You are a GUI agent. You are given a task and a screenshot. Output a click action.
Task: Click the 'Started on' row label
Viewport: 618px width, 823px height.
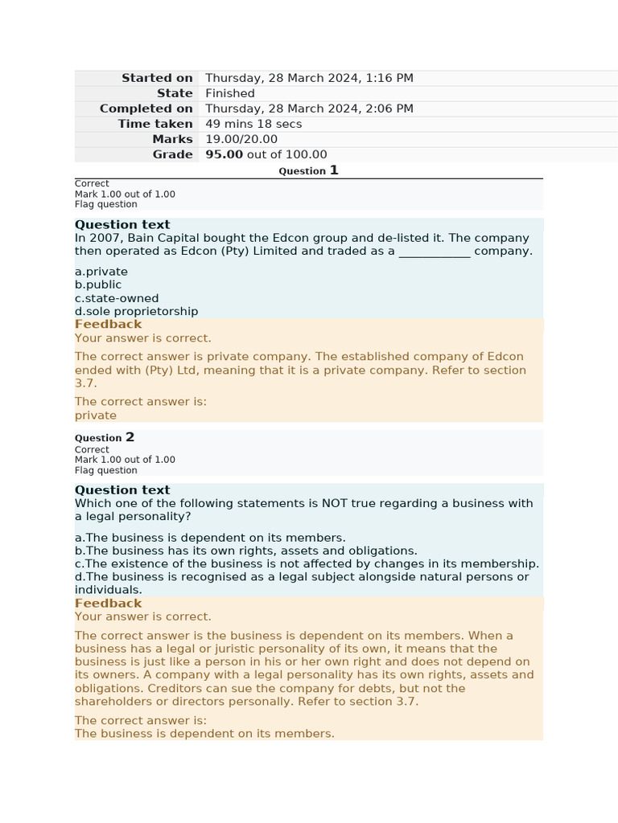click(157, 78)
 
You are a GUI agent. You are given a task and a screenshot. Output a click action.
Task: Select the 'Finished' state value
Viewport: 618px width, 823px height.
click(229, 93)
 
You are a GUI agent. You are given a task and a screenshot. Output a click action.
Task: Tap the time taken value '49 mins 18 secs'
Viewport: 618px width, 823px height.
click(253, 124)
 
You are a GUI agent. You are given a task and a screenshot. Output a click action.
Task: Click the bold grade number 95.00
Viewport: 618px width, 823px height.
click(224, 154)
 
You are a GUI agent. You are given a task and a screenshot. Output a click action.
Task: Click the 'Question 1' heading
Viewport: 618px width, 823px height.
click(308, 170)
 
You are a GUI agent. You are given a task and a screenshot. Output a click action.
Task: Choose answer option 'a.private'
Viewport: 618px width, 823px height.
click(101, 272)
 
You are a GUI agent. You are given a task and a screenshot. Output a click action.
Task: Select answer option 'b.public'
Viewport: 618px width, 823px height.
click(98, 285)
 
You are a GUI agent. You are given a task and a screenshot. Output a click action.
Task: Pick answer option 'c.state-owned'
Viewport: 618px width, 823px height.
click(117, 298)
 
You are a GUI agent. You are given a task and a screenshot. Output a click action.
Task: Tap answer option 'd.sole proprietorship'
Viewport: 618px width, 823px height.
click(136, 311)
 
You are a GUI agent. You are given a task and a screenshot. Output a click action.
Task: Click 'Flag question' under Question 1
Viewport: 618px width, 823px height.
click(106, 204)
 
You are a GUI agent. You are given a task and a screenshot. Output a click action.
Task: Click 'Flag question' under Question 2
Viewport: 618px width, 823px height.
click(106, 470)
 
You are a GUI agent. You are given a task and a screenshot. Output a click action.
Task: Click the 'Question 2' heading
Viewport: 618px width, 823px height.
click(105, 437)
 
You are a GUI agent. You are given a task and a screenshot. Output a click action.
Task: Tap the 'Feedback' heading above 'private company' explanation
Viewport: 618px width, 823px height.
click(108, 324)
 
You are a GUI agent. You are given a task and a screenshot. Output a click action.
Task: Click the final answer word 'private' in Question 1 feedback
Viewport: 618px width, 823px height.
click(96, 416)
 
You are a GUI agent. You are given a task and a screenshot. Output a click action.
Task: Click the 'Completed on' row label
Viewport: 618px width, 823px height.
click(146, 109)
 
